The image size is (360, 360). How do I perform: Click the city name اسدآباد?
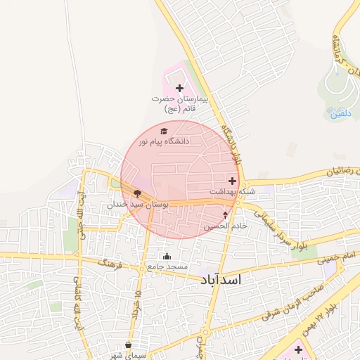[220, 280]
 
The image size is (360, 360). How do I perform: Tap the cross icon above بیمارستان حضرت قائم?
[179, 89]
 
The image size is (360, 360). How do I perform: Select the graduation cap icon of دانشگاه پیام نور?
[165, 131]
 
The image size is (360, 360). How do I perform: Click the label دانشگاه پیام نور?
[164, 141]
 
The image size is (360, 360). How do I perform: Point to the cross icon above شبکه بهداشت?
[233, 181]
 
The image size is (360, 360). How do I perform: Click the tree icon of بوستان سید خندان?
[137, 193]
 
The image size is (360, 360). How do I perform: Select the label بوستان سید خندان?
[138, 204]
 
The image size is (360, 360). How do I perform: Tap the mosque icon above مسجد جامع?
[167, 256]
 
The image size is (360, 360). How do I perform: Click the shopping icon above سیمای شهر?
[128, 345]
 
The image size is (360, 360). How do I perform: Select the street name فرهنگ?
[111, 264]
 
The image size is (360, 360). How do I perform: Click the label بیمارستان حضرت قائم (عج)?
[180, 105]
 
